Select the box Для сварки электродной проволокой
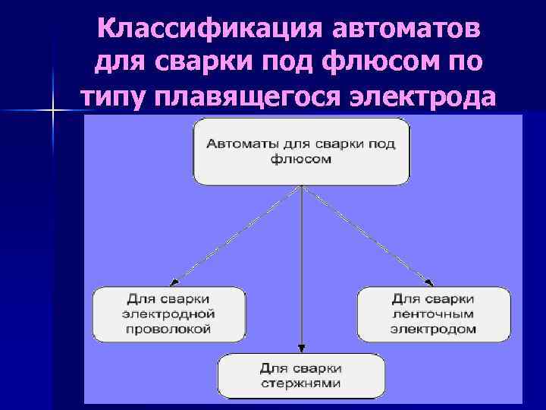pos(168,314)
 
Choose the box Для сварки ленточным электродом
pos(433,314)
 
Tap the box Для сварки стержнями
pos(301,376)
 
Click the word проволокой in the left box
pos(168,330)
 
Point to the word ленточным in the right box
pos(433,314)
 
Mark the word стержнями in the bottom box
pos(301,383)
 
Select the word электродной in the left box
pos(168,314)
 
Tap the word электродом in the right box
pos(433,330)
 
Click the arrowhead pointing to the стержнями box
pos(302,350)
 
